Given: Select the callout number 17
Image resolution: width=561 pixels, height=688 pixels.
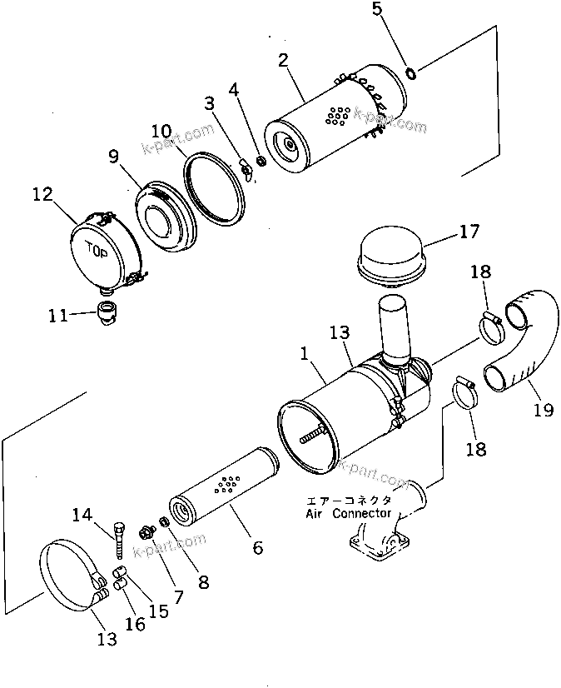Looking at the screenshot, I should tap(469, 232).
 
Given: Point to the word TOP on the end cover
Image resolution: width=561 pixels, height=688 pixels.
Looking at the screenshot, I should tap(97, 248).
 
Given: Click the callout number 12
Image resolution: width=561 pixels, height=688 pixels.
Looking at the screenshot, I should tap(42, 195).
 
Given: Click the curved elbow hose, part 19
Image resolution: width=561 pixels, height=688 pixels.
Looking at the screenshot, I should tap(521, 342).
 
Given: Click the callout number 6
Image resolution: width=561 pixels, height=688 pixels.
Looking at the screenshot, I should tap(257, 547).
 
